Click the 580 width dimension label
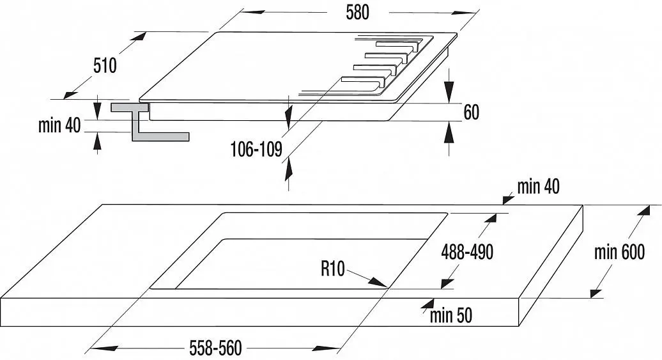[357, 12]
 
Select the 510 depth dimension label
[105, 65]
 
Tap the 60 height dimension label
[471, 112]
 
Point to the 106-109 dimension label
[256, 149]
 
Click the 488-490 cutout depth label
[467, 252]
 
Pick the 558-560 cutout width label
[216, 348]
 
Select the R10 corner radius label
[333, 269]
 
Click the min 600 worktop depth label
[619, 252]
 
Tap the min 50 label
[451, 316]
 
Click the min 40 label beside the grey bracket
[59, 125]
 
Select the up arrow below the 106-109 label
[289, 168]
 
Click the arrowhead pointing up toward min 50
[427, 305]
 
